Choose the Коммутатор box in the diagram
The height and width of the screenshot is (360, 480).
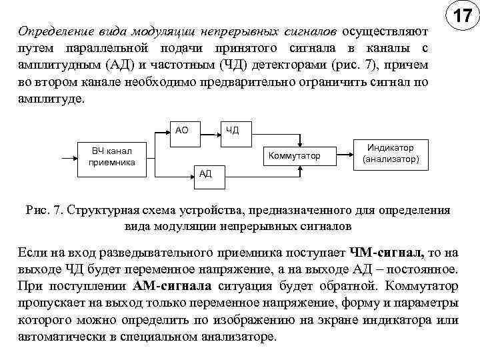tap(294, 156)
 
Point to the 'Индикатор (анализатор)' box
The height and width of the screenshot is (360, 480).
tap(391, 155)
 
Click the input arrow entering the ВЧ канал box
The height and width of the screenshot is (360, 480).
tap(69, 159)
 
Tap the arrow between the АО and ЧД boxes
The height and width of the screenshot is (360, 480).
tap(207, 130)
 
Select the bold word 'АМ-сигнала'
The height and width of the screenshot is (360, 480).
tap(173, 287)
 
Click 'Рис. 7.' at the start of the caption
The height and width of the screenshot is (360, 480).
tap(44, 211)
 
